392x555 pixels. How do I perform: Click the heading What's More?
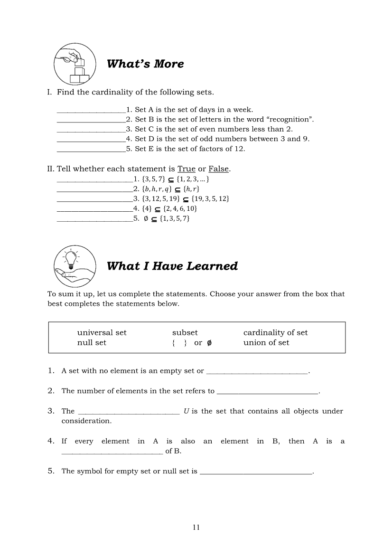tap(145, 64)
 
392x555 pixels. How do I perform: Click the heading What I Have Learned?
tap(172, 266)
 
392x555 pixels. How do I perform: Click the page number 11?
tap(196, 527)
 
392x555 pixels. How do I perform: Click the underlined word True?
tap(187, 169)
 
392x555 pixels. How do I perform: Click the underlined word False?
tap(218, 169)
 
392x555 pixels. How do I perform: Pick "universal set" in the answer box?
tap(102, 333)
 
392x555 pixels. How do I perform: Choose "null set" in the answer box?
tap(92, 343)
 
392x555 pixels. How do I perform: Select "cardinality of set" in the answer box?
tap(275, 333)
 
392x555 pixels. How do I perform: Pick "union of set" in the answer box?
tap(266, 343)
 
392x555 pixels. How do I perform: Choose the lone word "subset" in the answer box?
tap(185, 333)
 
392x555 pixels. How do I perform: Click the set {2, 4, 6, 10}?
tap(180, 208)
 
